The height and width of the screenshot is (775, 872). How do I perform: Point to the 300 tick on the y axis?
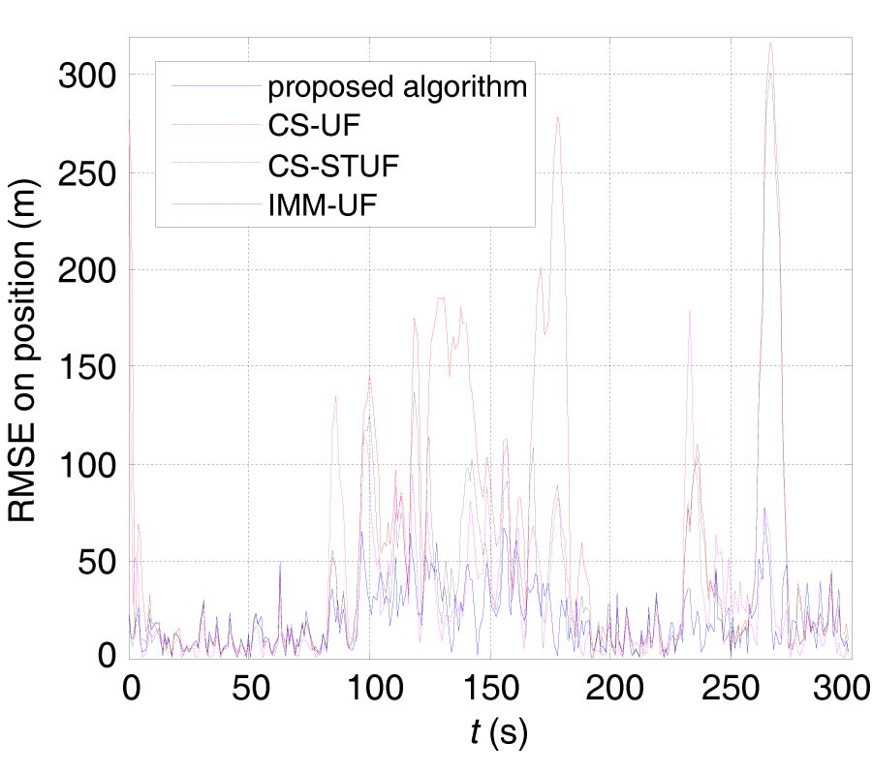[87, 76]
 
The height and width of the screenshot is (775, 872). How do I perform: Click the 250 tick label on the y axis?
[87, 172]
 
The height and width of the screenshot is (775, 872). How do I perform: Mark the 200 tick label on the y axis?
[87, 269]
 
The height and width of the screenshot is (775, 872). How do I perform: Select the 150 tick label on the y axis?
[87, 366]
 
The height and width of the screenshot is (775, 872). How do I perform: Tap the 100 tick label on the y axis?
[87, 464]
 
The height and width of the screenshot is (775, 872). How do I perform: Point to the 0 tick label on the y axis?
[113, 658]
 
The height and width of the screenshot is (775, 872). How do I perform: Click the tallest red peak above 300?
[770, 43]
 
